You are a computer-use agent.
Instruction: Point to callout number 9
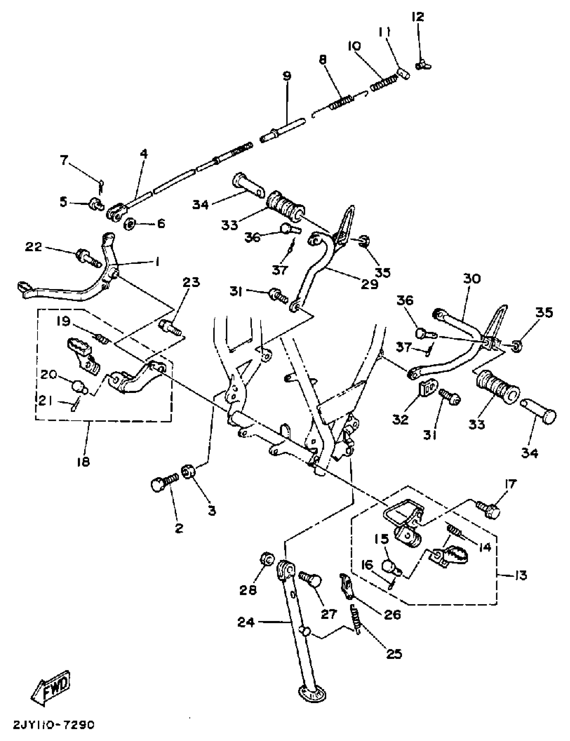(287, 76)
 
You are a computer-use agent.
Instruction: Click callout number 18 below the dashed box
(83, 461)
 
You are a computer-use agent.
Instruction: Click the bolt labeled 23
(170, 328)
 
